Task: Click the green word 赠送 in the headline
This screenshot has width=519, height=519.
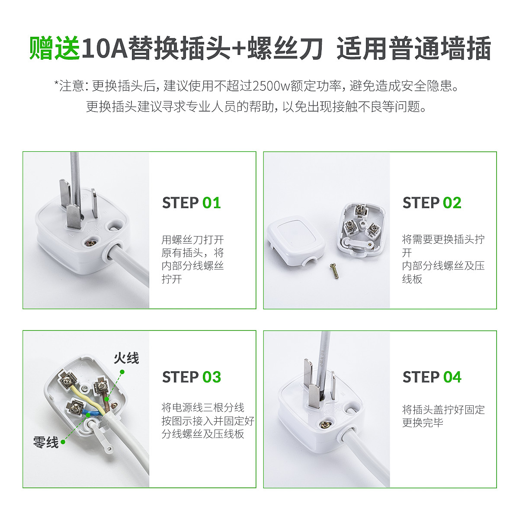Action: point(54,48)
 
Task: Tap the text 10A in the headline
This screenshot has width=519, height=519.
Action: point(104,48)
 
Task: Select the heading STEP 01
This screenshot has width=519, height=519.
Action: point(191,203)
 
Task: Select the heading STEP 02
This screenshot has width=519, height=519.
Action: point(432,203)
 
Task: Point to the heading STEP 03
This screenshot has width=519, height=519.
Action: point(191,377)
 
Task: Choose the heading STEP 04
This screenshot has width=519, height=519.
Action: point(432,377)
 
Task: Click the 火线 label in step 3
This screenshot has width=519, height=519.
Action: point(126,358)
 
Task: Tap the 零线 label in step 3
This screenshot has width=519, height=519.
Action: point(46,442)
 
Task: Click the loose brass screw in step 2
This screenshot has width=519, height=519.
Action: point(334,271)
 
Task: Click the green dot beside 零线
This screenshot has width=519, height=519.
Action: point(63,442)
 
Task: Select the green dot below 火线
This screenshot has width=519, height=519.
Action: point(122,372)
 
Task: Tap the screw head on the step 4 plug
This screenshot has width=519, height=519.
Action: point(325,424)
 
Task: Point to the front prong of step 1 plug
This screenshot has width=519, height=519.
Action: point(74,217)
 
